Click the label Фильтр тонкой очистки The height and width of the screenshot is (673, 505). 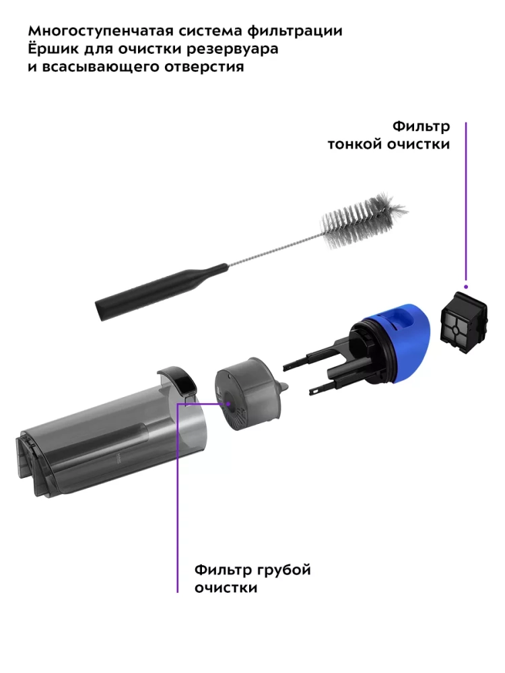pos(389,135)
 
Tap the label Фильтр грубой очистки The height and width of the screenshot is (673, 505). pos(252,579)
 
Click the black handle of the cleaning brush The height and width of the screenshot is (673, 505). pos(161,292)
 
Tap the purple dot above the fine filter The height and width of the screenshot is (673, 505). pos(466,286)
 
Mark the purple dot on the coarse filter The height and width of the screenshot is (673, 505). pos(228,403)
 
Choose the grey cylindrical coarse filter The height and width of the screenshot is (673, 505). pos(248,393)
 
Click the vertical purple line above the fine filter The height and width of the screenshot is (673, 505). pos(466,203)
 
